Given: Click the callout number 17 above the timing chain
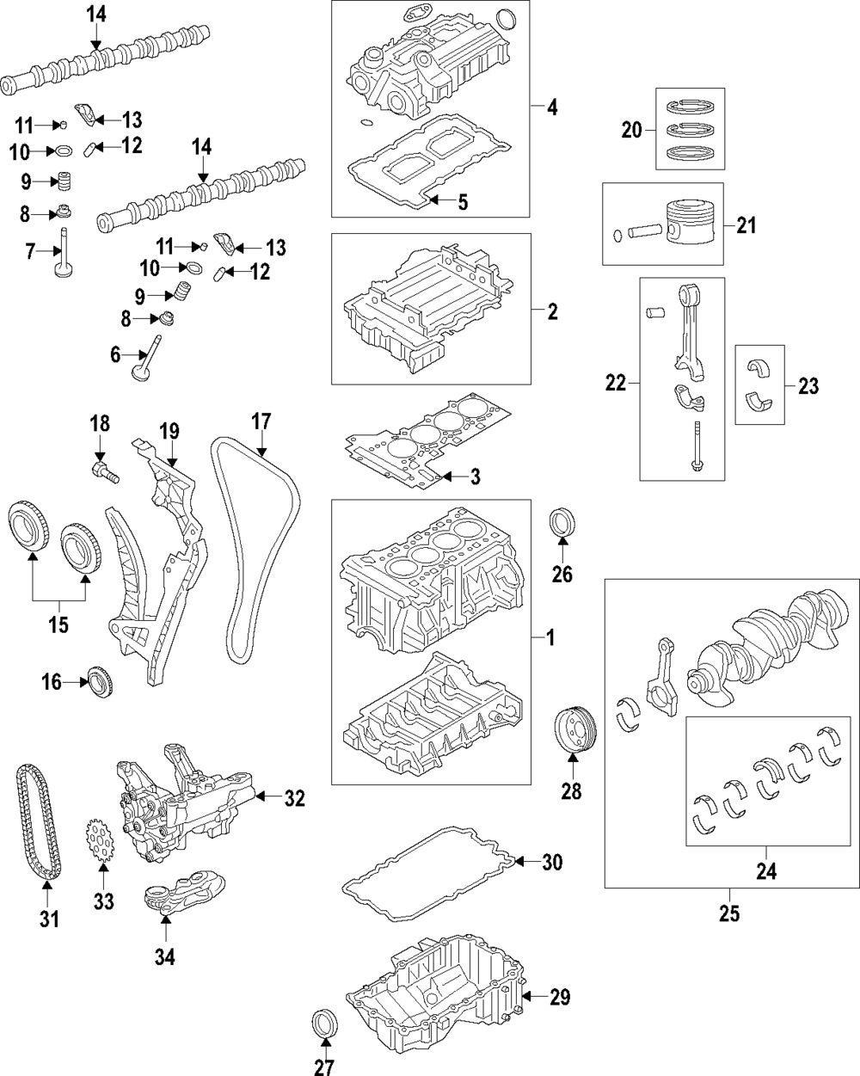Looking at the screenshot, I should click(261, 421).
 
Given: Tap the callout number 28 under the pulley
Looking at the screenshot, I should click(571, 790).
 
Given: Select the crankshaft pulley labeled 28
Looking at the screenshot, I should click(571, 734).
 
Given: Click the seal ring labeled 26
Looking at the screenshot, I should click(562, 524).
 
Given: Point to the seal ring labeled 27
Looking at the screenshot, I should click(324, 1025).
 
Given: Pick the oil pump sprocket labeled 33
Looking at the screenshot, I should click(101, 839).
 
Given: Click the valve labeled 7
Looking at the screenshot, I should click(64, 255).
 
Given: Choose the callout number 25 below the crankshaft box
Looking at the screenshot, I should click(728, 913).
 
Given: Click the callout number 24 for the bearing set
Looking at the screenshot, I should click(765, 871).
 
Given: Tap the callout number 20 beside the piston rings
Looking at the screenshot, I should click(632, 130).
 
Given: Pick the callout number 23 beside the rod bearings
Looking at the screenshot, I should click(808, 386).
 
